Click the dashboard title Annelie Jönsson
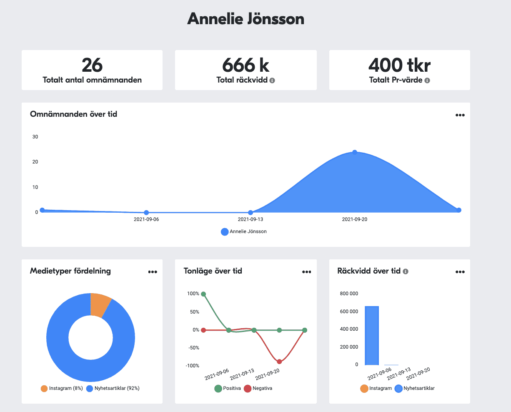(245, 19)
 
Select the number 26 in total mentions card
(92, 65)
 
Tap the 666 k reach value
(245, 65)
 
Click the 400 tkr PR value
(399, 65)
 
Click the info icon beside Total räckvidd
(272, 80)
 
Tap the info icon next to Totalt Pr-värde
(427, 80)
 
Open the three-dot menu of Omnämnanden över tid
(460, 116)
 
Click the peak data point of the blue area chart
(355, 152)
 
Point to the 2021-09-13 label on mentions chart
(250, 219)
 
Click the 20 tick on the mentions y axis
(35, 162)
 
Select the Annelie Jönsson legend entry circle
(225, 232)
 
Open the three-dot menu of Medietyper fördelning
(153, 272)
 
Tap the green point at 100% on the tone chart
(203, 294)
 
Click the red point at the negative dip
(279, 362)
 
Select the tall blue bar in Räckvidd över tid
(372, 335)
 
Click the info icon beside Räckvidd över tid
(406, 271)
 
